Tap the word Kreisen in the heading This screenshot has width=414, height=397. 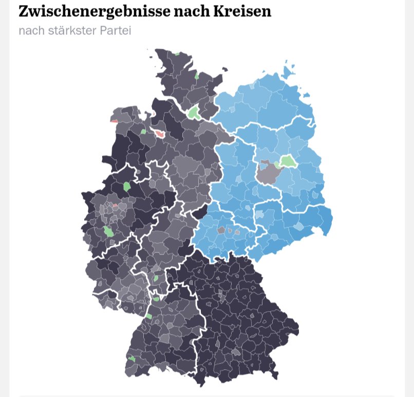coord(243,11)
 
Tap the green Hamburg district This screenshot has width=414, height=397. coord(194,112)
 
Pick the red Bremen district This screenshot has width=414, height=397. coord(160,134)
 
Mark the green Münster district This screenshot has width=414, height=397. coord(127,186)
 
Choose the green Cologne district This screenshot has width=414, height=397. coord(108,231)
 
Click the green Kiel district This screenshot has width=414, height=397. coord(197,76)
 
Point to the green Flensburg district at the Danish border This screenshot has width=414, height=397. coord(177,53)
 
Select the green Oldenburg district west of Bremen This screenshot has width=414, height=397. coord(144,132)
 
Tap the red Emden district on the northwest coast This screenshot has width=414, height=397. coord(114,121)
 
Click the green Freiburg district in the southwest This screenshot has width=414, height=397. coord(131,358)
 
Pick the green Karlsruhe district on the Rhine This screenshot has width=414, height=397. coord(149,316)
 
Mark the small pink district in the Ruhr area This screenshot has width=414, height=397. coord(116,206)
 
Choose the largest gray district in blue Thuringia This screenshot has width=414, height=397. coord(222,230)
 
